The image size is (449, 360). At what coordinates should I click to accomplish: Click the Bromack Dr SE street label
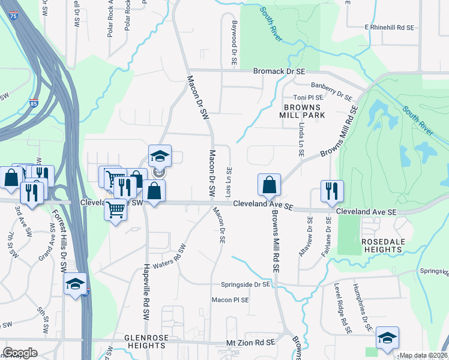[x=280, y=71]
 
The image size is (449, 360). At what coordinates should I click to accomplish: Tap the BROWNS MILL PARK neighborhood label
[x=301, y=110]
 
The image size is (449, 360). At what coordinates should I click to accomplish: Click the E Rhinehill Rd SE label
[x=390, y=28]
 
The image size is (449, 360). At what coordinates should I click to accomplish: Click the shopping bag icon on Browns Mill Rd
[x=270, y=185]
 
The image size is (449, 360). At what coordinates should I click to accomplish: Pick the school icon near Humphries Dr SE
[x=387, y=339]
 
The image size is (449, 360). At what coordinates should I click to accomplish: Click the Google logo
[x=20, y=353]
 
